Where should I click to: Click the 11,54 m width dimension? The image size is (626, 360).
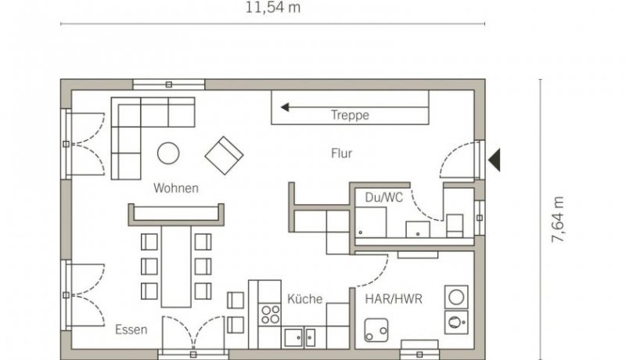[x=272, y=8]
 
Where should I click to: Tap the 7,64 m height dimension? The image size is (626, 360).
[x=557, y=219]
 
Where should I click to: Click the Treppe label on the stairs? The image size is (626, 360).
[x=350, y=115]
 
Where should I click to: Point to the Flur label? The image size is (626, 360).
[x=342, y=153]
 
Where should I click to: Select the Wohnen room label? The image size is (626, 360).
[x=176, y=188]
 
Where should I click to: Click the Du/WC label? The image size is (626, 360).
[x=383, y=197]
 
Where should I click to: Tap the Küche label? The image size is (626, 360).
[x=304, y=299]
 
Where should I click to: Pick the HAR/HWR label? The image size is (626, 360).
[x=394, y=299]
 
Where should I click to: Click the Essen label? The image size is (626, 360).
[x=131, y=329]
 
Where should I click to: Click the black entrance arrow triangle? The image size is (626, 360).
[x=495, y=160]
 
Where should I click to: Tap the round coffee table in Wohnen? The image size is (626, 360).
[x=168, y=153]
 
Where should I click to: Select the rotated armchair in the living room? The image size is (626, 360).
[x=224, y=156]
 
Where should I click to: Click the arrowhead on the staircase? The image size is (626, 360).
[x=285, y=107]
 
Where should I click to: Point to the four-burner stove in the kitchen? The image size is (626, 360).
[x=269, y=314]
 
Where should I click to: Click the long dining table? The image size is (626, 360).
[x=176, y=266]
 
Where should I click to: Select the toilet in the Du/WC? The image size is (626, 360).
[x=455, y=225]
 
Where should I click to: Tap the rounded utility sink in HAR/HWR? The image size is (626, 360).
[x=376, y=330]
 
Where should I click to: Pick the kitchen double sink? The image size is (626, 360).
[x=300, y=337]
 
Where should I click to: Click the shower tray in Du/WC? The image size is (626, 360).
[x=370, y=223]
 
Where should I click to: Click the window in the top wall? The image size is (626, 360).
[x=168, y=85]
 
